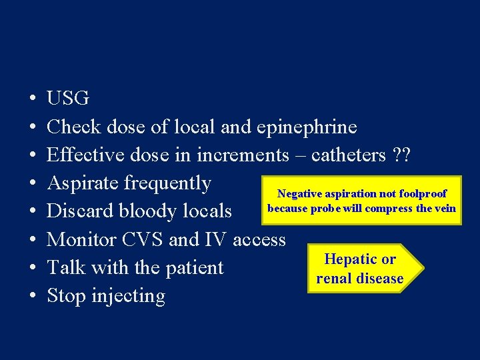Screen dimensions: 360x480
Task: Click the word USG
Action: (x=67, y=99)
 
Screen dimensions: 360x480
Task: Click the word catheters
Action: (x=348, y=155)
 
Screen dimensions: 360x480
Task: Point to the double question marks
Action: (x=401, y=155)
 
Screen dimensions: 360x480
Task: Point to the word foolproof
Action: (x=422, y=194)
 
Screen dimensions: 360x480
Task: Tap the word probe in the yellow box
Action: (x=327, y=208)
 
